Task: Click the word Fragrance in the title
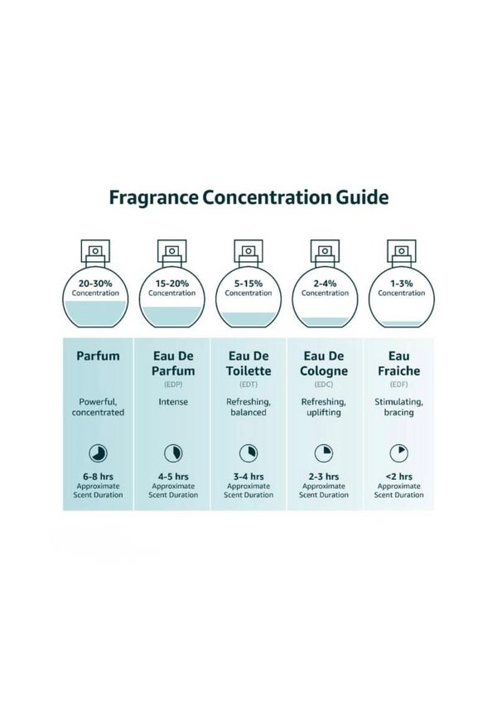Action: (153, 198)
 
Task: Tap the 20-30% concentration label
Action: (95, 283)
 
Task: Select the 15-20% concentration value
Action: (172, 283)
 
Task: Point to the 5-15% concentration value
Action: (248, 283)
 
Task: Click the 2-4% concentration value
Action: (325, 283)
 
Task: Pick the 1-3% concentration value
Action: (402, 283)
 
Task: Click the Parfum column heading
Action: (98, 356)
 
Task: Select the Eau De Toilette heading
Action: (248, 363)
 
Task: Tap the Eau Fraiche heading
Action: (399, 363)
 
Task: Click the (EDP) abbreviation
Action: (173, 385)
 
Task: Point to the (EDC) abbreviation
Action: (324, 385)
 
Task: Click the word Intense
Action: (173, 402)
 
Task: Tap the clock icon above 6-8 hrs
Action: (98, 453)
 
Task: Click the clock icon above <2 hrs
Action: (399, 453)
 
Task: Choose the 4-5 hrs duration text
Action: (173, 477)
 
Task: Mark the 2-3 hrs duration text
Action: (324, 477)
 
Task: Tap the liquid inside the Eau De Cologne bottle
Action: (325, 321)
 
